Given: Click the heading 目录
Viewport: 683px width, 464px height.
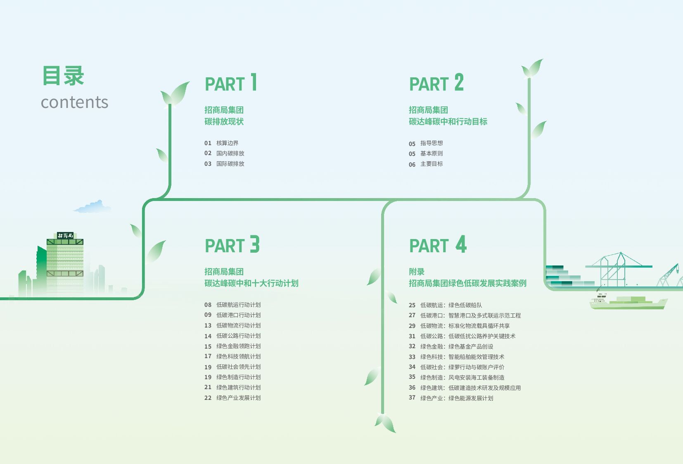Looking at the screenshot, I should tap(63, 76).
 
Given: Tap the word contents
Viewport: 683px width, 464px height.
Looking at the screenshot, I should tap(74, 102).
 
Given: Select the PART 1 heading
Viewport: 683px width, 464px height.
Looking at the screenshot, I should tap(231, 83).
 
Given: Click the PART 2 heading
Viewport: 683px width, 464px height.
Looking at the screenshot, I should tap(436, 83).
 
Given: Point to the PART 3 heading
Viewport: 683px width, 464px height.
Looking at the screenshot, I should tap(232, 245).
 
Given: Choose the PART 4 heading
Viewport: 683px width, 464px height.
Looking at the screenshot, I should tap(438, 245).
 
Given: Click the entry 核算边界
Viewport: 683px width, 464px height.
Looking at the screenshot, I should tap(227, 143).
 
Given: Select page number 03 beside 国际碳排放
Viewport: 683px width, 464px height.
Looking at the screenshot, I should tap(208, 164).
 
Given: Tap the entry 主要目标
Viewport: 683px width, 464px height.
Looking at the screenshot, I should tap(432, 164).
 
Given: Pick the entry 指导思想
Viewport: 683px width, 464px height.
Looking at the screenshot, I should tap(432, 143).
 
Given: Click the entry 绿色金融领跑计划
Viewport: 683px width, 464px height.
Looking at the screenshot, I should tap(238, 346).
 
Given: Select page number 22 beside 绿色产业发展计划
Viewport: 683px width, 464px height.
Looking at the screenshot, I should tap(208, 398).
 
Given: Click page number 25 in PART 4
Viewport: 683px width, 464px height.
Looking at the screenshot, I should tap(412, 305).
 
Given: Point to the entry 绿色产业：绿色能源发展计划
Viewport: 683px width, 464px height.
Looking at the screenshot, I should tap(457, 398).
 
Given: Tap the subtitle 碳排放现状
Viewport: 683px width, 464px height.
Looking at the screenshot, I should tap(224, 122).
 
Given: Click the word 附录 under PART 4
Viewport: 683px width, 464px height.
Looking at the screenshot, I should tap(417, 272).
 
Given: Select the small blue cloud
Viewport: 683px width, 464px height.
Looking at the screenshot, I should tap(93, 207).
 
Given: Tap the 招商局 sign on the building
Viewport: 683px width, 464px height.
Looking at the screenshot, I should tap(65, 236).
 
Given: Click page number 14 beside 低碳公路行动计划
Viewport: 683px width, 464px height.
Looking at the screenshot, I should tap(208, 336).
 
